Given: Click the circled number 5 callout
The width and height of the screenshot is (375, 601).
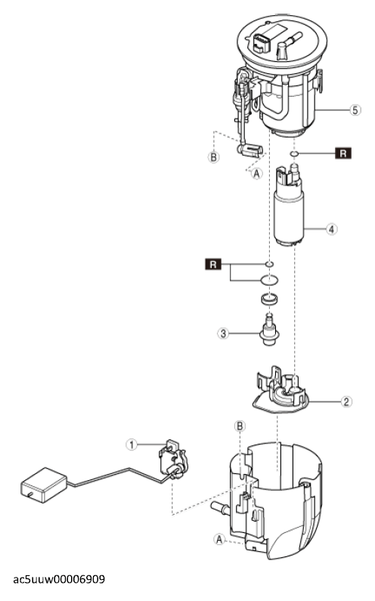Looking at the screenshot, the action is pyautogui.click(x=355, y=110).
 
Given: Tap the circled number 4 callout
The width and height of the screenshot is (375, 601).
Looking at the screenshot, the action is pyautogui.click(x=332, y=229).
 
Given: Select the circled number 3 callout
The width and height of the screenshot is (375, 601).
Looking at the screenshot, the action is pyautogui.click(x=223, y=333).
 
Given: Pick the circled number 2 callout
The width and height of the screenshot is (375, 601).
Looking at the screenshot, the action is pyautogui.click(x=346, y=401).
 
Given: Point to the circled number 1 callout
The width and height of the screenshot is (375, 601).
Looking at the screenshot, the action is pyautogui.click(x=132, y=445).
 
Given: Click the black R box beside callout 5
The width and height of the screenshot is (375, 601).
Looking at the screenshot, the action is pyautogui.click(x=343, y=153).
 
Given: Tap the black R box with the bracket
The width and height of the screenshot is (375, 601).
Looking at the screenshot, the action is pyautogui.click(x=213, y=264).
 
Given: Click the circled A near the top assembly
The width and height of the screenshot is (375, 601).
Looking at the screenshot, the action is pyautogui.click(x=256, y=173).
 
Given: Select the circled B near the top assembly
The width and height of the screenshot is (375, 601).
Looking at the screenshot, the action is pyautogui.click(x=213, y=156).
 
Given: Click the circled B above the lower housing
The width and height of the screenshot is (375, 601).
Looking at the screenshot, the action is pyautogui.click(x=240, y=426).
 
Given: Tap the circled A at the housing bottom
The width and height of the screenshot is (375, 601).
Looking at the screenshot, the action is pyautogui.click(x=219, y=539).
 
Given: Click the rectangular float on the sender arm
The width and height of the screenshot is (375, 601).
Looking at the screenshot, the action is pyautogui.click(x=43, y=485).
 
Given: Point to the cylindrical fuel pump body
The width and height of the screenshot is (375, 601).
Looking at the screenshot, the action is pyautogui.click(x=290, y=216).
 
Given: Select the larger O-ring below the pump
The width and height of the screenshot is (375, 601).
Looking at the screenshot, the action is pyautogui.click(x=269, y=280).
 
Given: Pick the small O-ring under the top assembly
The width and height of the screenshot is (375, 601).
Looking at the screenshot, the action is pyautogui.click(x=294, y=153).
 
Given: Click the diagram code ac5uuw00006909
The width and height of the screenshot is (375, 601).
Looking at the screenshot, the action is pyautogui.click(x=59, y=579).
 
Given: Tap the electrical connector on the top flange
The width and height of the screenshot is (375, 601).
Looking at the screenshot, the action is pyautogui.click(x=261, y=42).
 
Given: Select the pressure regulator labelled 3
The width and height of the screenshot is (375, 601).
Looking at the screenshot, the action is pyautogui.click(x=271, y=330).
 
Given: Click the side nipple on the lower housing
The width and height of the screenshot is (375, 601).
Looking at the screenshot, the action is pyautogui.click(x=221, y=508).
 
